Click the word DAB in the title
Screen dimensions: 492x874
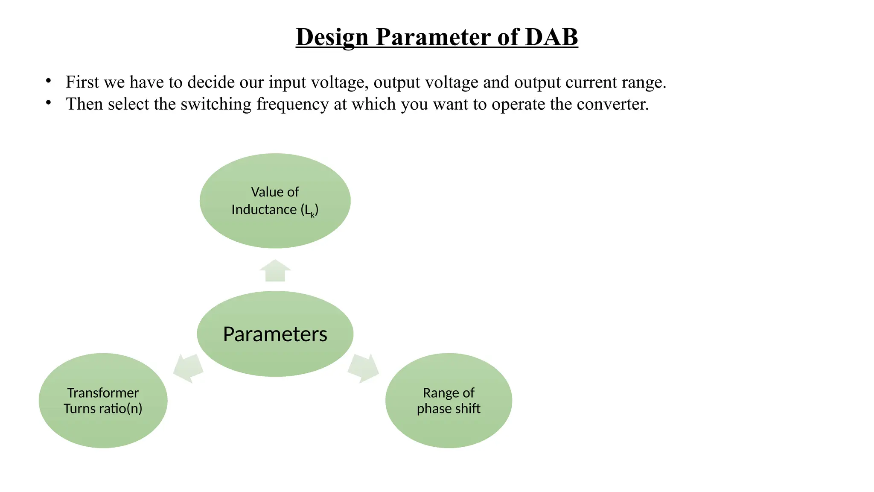[551, 37]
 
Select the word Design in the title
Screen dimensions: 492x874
[332, 37]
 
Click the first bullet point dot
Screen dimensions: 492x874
[49, 80]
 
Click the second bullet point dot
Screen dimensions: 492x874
[49, 102]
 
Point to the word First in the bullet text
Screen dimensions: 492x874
[82, 82]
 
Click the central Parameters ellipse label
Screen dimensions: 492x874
[275, 334]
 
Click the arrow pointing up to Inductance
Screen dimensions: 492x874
[275, 271]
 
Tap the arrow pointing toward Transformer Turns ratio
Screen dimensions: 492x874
[188, 368]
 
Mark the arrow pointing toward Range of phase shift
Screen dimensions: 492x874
[364, 368]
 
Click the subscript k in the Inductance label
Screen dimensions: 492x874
[312, 215]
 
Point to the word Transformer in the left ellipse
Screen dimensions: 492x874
[103, 392]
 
